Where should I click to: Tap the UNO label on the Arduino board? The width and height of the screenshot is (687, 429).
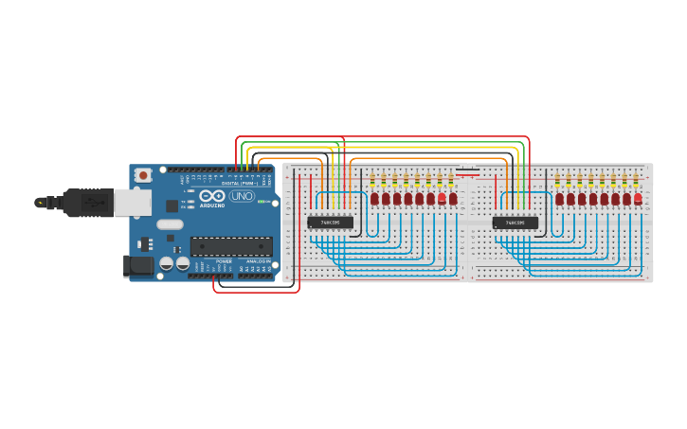point(243,199)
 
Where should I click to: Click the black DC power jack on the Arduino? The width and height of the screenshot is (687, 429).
point(139,266)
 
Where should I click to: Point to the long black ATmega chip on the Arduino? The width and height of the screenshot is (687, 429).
point(231,246)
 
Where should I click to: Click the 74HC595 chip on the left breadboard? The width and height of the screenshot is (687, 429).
point(331,223)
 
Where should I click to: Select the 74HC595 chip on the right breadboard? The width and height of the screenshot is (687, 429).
point(515,223)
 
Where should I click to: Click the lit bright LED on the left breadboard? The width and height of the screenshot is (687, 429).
point(442,198)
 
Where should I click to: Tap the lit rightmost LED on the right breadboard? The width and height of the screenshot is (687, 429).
point(638,198)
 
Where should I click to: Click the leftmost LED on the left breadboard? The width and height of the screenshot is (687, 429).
point(375,199)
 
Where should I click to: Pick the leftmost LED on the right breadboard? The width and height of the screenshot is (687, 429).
point(560,199)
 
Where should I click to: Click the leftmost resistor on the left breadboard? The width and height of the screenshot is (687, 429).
point(372,180)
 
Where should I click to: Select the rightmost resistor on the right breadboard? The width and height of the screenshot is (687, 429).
point(635,180)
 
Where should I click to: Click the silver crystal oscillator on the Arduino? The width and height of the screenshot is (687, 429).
point(170,225)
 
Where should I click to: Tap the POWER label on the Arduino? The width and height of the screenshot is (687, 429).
point(224,261)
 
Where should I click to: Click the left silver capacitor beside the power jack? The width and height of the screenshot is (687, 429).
point(166,265)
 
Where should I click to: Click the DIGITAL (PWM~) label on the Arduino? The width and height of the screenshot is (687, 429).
point(237,183)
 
